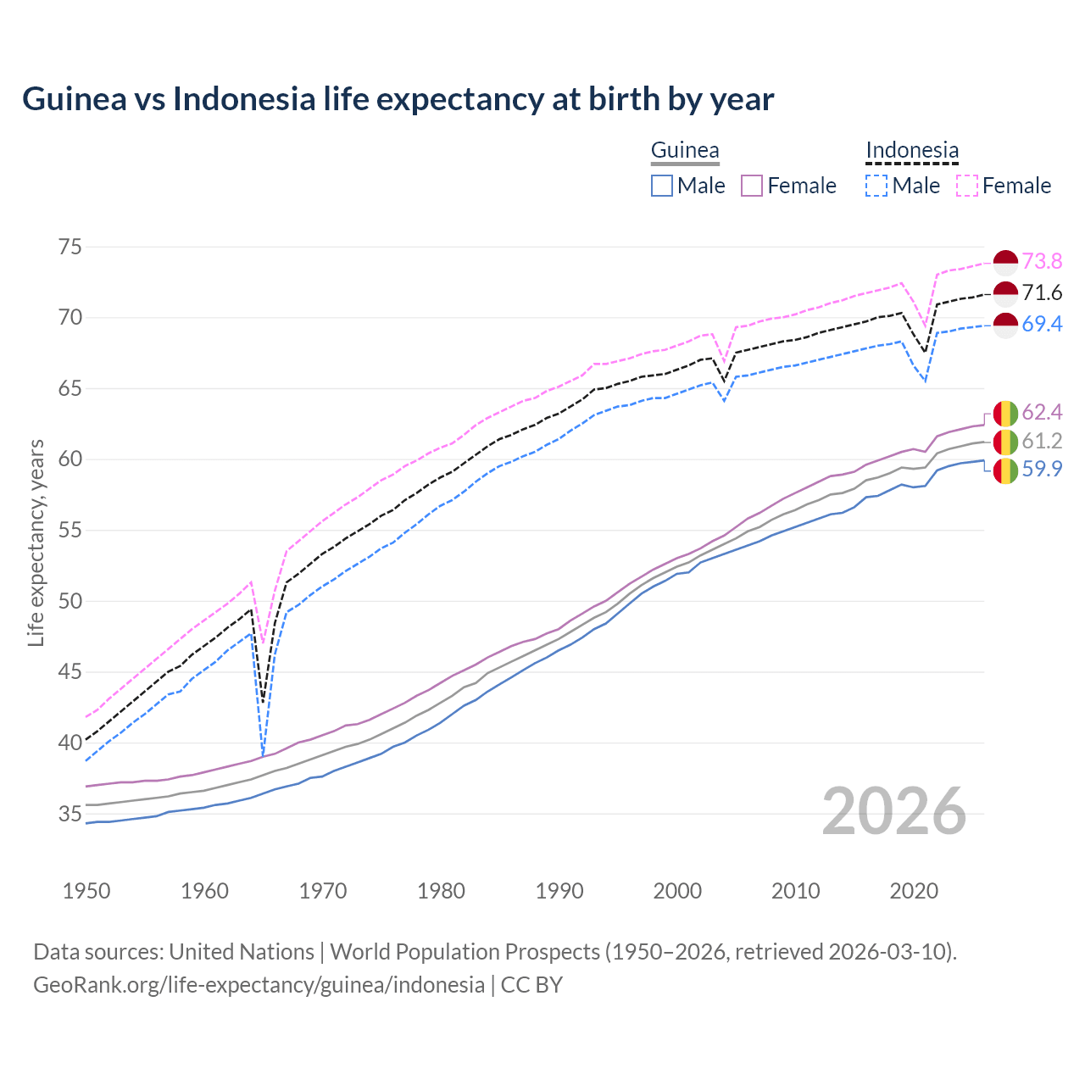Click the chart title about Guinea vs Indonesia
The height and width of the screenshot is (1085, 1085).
tap(398, 99)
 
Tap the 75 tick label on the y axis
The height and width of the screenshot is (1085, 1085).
tap(70, 247)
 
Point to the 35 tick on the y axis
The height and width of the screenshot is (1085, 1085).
tap(70, 814)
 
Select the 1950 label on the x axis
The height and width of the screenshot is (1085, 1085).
tap(86, 891)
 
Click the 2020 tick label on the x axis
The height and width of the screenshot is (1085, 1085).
tap(914, 891)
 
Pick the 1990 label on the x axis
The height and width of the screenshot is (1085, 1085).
tap(559, 891)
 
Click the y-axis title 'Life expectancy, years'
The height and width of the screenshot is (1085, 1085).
tap(36, 542)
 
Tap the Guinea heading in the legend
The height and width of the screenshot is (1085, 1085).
tap(684, 151)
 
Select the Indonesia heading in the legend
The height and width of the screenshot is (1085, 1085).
tap(912, 151)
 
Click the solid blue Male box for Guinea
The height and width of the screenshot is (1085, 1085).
tap(662, 186)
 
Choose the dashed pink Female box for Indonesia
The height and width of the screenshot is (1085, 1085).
tap(967, 186)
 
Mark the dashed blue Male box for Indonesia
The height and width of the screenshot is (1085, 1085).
tap(877, 186)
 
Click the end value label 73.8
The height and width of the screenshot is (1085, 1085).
tap(1042, 261)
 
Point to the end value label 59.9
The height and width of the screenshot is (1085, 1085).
tap(1042, 469)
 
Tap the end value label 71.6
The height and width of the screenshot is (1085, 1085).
tap(1042, 293)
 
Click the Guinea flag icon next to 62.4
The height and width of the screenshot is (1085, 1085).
tap(1005, 413)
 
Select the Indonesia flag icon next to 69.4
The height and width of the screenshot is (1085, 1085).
tap(1005, 325)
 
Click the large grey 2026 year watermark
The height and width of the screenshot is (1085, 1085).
tap(894, 812)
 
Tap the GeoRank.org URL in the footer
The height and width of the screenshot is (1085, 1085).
tap(259, 985)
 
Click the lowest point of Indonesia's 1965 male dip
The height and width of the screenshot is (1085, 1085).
tap(263, 753)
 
